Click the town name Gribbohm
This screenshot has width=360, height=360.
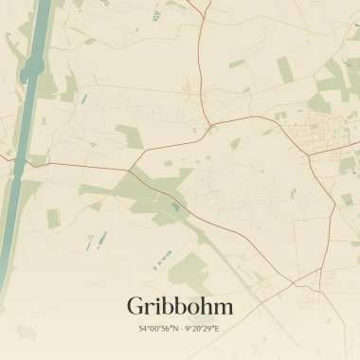tap(179, 306)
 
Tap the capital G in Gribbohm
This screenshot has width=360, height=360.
tap(136, 306)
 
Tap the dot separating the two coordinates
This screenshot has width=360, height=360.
tap(179, 329)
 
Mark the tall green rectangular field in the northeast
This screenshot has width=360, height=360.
tap(284, 68)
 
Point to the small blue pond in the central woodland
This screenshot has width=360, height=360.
tap(173, 206)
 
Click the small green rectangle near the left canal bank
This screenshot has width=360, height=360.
tap(53, 219)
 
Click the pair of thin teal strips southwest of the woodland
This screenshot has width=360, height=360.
tap(92, 243)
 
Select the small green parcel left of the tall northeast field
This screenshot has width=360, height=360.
tap(237, 64)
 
